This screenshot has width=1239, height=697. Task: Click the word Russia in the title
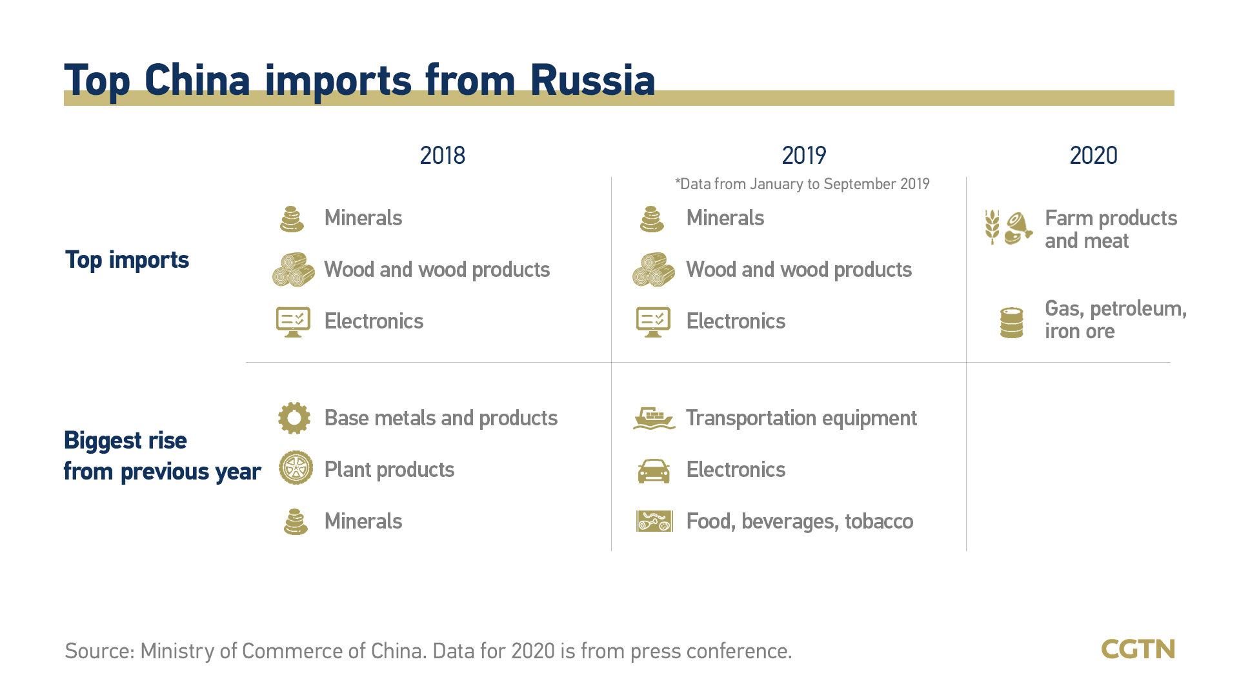pos(592,81)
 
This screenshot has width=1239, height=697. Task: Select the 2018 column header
pos(442,156)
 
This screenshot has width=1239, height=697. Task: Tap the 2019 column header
pos(803,156)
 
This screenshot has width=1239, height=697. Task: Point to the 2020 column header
pos(1093,156)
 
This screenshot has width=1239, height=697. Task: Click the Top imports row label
pos(127,259)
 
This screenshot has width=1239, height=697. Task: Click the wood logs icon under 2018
pos(294,270)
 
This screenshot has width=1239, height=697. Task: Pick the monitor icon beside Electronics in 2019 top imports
pos(653,322)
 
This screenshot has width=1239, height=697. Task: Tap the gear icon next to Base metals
pos(294,418)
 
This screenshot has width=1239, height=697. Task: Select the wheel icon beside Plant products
pos(296,468)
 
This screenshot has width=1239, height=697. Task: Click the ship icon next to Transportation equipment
pos(654,418)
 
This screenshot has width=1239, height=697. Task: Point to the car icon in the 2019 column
pos(654,470)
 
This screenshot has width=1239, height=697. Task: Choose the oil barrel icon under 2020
pos(1011,323)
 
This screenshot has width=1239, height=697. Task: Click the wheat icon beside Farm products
pos(992,227)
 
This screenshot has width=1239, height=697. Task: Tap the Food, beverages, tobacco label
pos(800,521)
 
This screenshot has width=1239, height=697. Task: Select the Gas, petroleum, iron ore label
pos(1116,319)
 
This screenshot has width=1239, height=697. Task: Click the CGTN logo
pos(1138,649)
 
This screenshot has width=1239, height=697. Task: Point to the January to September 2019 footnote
pos(802,184)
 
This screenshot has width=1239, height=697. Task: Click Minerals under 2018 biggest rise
pos(363,521)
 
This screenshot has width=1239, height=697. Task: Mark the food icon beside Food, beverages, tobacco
pos(654,521)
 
